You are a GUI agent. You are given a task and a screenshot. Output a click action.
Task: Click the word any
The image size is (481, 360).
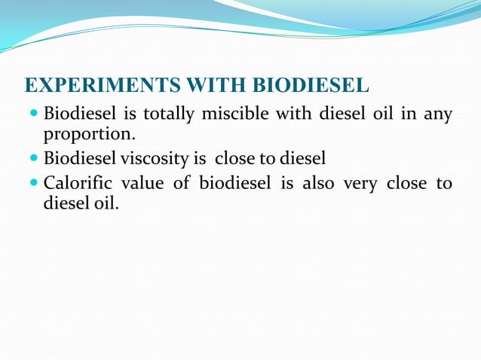(x=437, y=115)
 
